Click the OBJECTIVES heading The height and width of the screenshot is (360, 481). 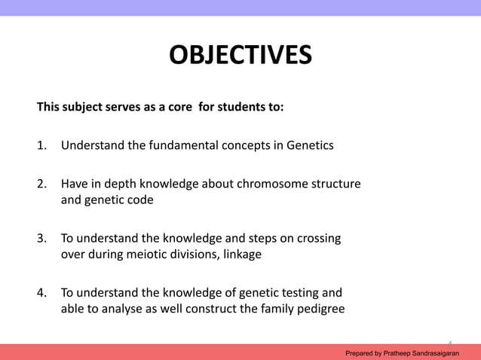[x=240, y=56]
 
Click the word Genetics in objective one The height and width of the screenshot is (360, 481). [x=309, y=145]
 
